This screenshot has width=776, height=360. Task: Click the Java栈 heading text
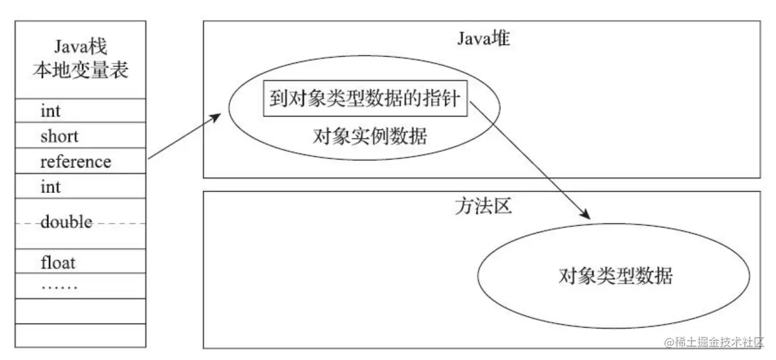80,46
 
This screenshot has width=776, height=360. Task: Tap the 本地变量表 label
80,69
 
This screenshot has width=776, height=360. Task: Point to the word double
66,222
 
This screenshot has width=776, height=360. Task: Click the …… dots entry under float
59,287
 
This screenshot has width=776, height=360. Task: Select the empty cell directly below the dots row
80,311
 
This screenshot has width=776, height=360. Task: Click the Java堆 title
483,39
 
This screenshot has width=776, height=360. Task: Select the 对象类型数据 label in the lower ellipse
615,275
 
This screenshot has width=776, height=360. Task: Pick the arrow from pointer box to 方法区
529,159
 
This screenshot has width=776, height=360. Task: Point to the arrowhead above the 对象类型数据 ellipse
585,214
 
